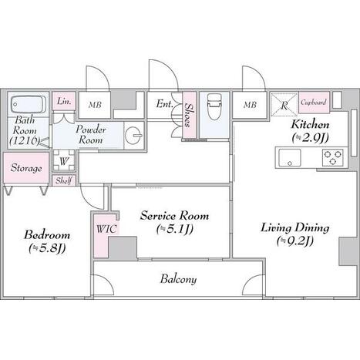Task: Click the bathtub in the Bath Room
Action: (29, 104)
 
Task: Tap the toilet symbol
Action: (214, 106)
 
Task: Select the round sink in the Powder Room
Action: (133, 135)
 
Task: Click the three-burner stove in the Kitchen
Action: (333, 157)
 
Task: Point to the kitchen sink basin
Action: (290, 157)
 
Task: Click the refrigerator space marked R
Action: (284, 104)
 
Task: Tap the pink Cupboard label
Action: (314, 103)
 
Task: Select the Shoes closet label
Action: (189, 115)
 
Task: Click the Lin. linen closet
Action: (64, 101)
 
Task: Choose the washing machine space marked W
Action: (64, 161)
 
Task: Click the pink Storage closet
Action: (26, 168)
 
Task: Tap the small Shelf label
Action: (64, 180)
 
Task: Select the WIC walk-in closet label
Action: (106, 229)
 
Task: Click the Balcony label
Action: (179, 279)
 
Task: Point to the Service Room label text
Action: (174, 215)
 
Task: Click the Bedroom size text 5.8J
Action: (47, 248)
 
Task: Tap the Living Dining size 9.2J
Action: (295, 241)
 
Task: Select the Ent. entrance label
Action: (164, 104)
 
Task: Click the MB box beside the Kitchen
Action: (250, 105)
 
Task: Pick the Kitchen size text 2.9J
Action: (311, 138)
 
